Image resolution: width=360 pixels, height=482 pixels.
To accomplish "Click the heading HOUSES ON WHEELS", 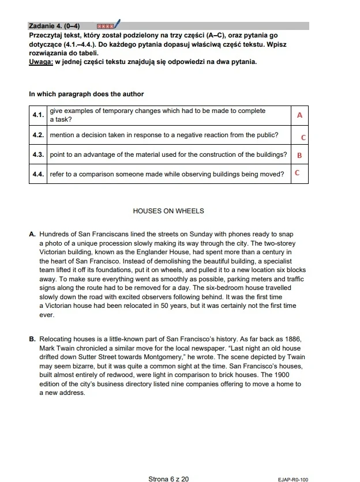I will [168, 211].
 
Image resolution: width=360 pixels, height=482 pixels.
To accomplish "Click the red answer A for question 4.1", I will [299, 115].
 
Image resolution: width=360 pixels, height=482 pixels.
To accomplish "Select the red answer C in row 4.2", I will [303, 138].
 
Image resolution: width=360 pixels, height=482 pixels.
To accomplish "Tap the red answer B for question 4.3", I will [299, 155].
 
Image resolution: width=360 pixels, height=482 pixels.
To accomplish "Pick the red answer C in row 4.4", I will [297, 172].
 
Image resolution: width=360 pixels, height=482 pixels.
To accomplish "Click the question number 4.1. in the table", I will [39, 115].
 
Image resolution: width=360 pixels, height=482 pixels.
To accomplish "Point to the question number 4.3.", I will [39, 155].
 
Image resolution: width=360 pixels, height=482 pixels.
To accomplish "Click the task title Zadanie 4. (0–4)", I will [54, 26].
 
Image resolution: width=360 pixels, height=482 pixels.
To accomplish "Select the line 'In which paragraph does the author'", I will [86, 94].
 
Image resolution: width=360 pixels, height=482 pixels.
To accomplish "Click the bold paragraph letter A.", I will [32, 235].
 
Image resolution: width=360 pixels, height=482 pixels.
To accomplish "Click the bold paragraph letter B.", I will [32, 340].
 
